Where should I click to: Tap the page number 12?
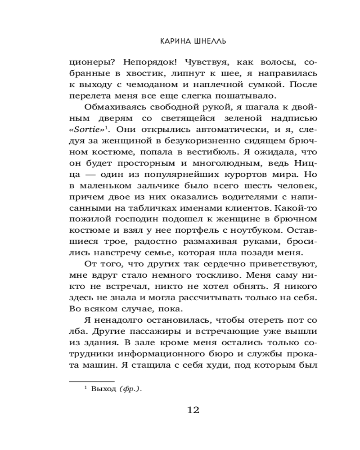click(x=193, y=410)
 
